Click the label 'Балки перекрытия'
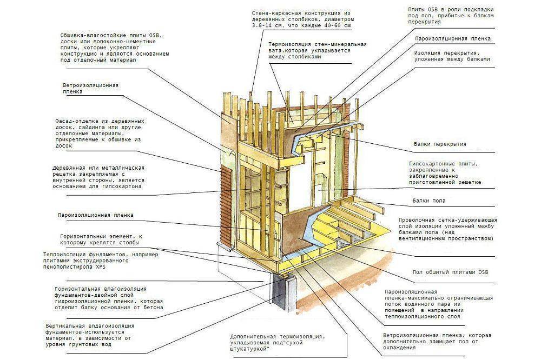(x=439, y=144)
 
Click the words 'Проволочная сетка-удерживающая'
(x=447, y=220)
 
